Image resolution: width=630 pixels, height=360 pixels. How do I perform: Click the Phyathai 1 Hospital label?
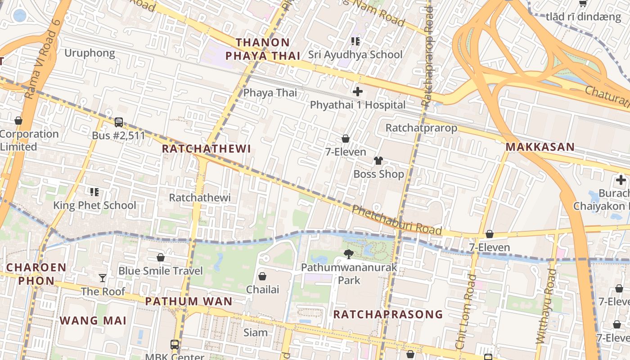(358, 105)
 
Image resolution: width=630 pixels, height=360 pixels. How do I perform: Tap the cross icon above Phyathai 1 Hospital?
(358, 92)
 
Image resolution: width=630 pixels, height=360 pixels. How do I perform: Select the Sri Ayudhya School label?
(355, 55)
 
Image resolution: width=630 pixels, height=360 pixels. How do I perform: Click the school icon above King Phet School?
(94, 192)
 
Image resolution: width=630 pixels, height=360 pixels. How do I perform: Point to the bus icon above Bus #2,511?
(119, 122)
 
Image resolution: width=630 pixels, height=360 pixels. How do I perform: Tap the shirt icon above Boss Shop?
(378, 161)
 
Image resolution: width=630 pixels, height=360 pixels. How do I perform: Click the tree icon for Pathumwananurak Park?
(349, 254)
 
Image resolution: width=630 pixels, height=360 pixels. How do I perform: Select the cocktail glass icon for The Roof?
(103, 278)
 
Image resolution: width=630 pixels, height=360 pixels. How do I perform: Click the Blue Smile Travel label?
(161, 271)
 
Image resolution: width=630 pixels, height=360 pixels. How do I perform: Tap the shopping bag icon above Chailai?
(262, 276)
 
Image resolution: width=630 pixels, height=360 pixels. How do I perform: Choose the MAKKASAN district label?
(540, 147)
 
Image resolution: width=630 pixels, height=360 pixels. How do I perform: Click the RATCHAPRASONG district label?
(388, 314)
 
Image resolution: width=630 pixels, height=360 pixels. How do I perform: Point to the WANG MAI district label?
(93, 320)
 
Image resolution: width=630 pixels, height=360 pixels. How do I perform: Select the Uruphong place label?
(90, 53)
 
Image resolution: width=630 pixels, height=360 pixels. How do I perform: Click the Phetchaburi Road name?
(396, 220)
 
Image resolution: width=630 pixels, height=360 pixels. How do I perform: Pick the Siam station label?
(256, 333)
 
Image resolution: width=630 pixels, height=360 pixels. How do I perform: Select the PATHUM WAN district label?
(189, 301)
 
